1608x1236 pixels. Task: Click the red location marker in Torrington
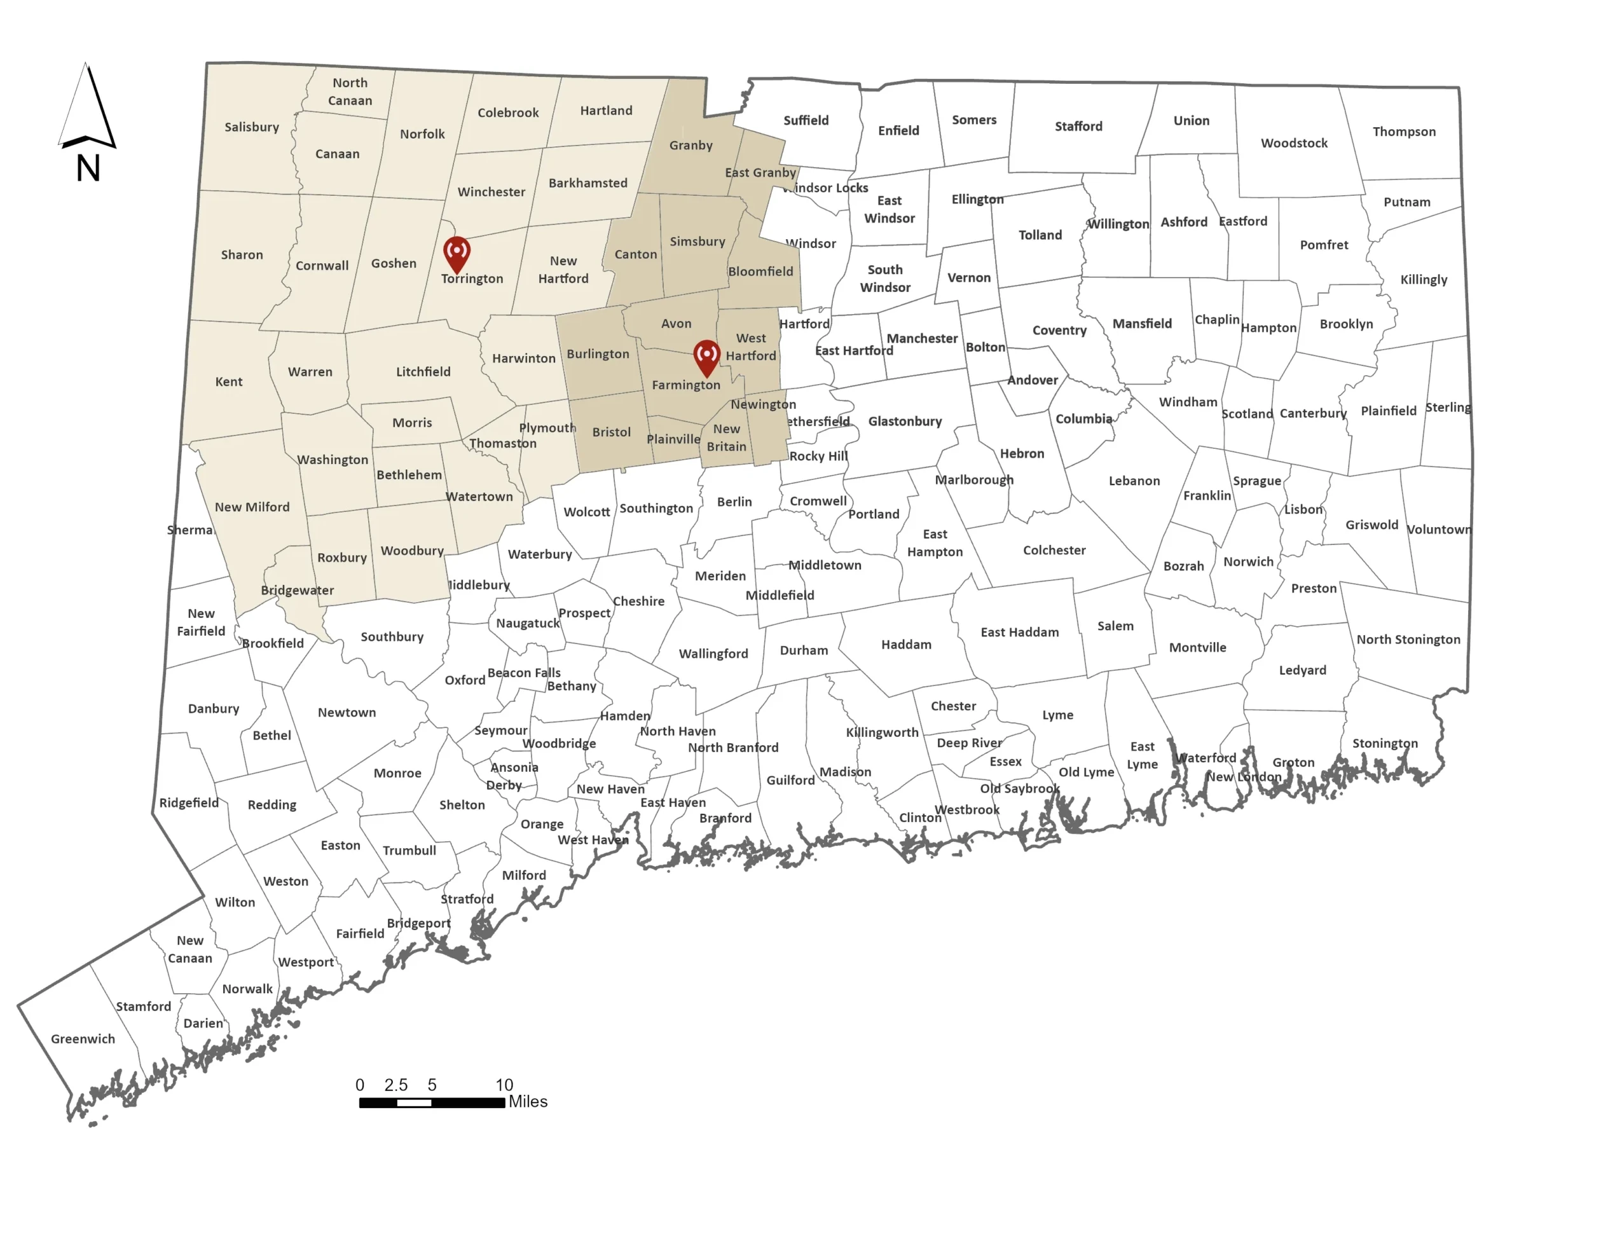tap(457, 252)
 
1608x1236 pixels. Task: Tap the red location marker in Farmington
tap(706, 356)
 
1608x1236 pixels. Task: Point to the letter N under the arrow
tap(88, 168)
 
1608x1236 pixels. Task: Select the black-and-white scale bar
tap(432, 1102)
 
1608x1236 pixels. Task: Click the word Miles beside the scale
tap(528, 1101)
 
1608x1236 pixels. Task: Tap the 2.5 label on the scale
tap(395, 1085)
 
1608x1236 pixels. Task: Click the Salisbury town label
tap(252, 127)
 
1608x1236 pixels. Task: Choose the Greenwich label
tap(83, 1039)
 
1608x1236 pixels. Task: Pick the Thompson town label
tap(1403, 132)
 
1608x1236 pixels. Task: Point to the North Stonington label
tap(1408, 640)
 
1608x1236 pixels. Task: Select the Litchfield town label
tap(423, 371)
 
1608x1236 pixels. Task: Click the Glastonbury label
tap(905, 422)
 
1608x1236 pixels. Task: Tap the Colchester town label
tap(1054, 551)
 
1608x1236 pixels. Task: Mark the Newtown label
tap(347, 712)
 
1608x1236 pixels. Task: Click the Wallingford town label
tap(713, 654)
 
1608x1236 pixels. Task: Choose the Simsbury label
tap(697, 242)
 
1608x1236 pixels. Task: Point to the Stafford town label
tap(1078, 127)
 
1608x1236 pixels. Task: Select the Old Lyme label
tap(1087, 772)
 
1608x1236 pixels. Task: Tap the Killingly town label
tap(1424, 280)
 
